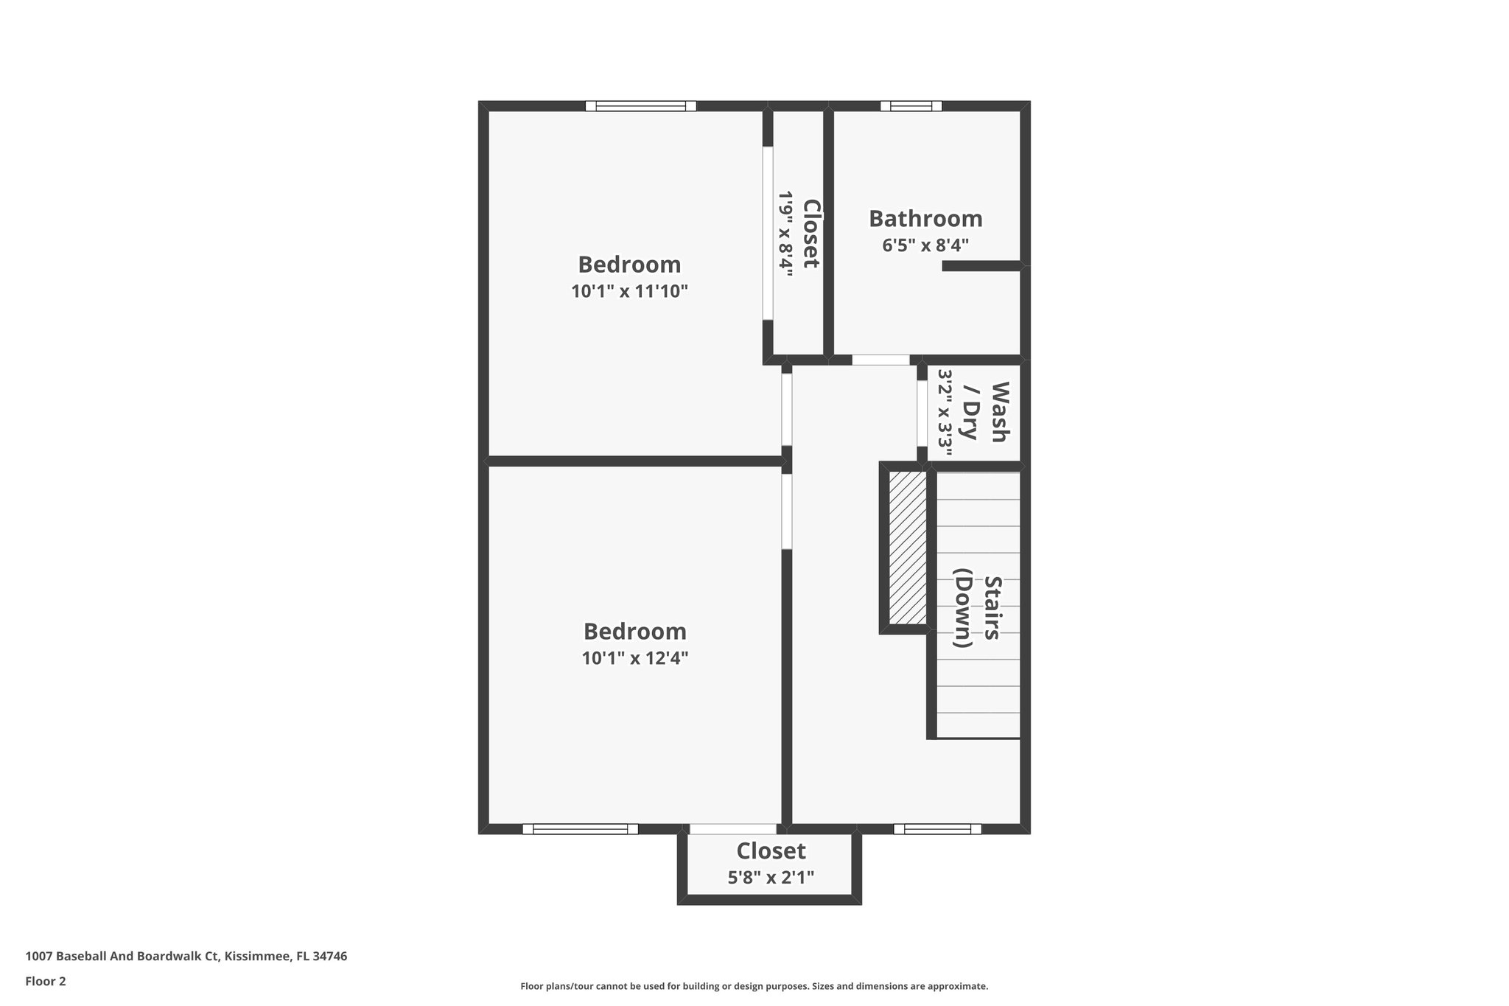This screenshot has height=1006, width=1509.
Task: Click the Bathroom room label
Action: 925,219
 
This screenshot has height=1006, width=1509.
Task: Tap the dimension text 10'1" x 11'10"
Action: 629,291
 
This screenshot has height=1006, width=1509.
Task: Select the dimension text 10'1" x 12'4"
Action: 634,658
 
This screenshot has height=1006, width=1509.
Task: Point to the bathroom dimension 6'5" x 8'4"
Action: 925,245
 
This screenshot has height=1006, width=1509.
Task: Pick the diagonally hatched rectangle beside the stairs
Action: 907,547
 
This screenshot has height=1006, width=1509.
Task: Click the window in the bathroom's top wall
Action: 911,106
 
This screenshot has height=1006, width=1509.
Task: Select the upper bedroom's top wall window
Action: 640,106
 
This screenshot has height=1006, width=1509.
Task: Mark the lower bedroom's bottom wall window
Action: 580,829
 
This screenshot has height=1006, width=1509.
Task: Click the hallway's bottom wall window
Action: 937,829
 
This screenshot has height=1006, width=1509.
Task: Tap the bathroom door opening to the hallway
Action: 880,360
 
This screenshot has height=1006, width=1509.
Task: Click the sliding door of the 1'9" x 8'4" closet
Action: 768,233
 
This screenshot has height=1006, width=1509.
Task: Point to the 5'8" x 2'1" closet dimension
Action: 771,878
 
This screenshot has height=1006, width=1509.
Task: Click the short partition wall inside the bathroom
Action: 981,266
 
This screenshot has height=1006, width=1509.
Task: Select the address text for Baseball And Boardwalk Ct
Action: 186,957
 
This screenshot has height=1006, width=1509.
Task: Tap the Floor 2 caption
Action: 46,981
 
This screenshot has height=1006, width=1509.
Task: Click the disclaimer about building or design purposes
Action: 754,986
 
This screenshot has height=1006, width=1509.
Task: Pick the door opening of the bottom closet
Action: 733,829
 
